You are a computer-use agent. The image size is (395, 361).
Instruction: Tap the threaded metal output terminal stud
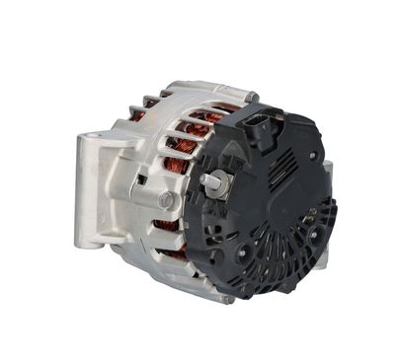click(x=210, y=181)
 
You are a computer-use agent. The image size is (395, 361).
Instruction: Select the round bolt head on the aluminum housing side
click(x=165, y=200)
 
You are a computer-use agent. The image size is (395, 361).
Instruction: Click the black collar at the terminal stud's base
click(x=223, y=187)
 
